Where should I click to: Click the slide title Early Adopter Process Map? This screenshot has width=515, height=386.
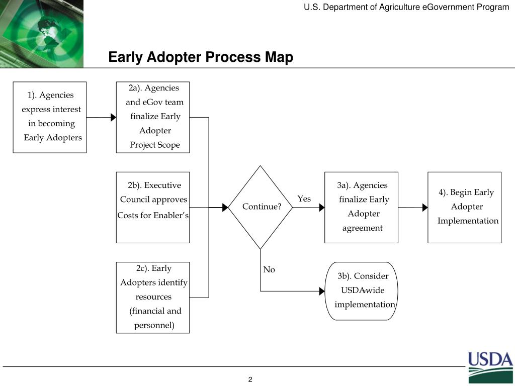pyautogui.click(x=201, y=57)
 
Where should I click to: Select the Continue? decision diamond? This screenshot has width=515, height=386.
pyautogui.click(x=261, y=207)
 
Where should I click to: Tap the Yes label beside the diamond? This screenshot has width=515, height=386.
pyautogui.click(x=304, y=199)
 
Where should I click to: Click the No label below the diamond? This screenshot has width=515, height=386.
pyautogui.click(x=269, y=270)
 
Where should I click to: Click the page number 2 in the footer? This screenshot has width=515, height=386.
pyautogui.click(x=250, y=379)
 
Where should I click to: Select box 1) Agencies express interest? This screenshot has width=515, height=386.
pyautogui.click(x=50, y=117)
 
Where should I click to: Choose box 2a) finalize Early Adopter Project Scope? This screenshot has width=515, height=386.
pyautogui.click(x=153, y=117)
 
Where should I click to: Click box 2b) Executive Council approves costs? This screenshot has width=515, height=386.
pyautogui.click(x=153, y=207)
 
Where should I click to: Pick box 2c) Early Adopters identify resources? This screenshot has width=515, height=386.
pyautogui.click(x=153, y=297)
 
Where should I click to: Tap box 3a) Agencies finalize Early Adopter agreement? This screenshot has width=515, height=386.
pyautogui.click(x=361, y=207)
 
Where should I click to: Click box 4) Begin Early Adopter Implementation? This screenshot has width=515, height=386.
pyautogui.click(x=464, y=207)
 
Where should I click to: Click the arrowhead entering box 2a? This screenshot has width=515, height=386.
pyautogui.click(x=113, y=118)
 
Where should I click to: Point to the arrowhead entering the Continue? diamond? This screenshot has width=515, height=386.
pyautogui.click(x=225, y=207)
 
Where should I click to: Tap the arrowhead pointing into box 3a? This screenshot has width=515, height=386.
pyautogui.click(x=322, y=207)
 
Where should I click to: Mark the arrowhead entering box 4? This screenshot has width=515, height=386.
pyautogui.click(x=425, y=207)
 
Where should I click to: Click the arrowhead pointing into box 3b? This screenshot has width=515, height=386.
pyautogui.click(x=322, y=291)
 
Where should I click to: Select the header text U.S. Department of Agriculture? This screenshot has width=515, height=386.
pyautogui.click(x=406, y=7)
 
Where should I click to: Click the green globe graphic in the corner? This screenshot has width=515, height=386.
pyautogui.click(x=43, y=33)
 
